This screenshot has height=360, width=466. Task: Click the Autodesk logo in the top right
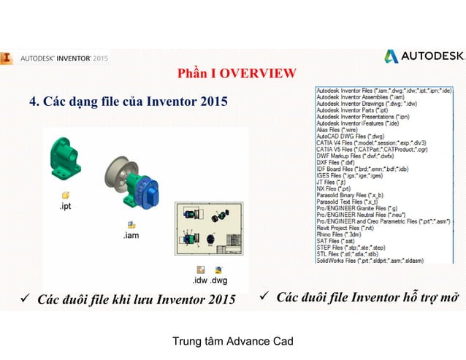tap(424, 56)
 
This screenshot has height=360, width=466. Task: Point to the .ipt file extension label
tap(66, 207)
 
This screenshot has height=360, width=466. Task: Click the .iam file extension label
tap(131, 236)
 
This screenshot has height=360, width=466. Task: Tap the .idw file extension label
tap(199, 280)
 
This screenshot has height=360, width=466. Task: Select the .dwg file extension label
tap(218, 280)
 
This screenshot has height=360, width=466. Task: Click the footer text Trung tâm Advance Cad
tap(232, 341)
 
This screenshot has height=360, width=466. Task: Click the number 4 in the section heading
tap(33, 100)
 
